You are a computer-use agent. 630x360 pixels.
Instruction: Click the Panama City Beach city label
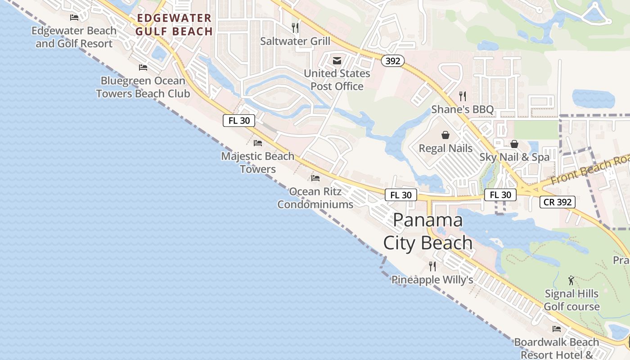(427, 231)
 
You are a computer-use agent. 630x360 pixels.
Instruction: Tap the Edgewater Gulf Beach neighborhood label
(174, 25)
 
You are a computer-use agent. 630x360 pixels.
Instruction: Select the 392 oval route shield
(393, 61)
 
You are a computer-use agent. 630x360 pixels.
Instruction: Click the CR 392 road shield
(558, 202)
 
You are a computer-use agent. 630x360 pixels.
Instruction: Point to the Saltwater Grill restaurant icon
(295, 28)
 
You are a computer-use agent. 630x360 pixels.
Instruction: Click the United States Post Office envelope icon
(337, 61)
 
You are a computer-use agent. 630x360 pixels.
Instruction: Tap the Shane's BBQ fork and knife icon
(462, 96)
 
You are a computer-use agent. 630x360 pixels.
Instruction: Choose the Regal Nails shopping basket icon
(445, 135)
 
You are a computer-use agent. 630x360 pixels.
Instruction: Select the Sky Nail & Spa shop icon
(514, 144)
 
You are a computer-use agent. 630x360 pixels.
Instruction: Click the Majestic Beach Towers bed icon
(258, 143)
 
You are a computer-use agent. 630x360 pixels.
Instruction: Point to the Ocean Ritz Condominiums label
(315, 198)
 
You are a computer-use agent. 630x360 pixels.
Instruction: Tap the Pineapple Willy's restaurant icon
(432, 266)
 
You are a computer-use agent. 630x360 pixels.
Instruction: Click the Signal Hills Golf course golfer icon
(571, 280)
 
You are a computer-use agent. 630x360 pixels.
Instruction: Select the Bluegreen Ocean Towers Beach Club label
(143, 87)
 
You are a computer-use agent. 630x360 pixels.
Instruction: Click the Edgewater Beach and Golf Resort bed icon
(74, 18)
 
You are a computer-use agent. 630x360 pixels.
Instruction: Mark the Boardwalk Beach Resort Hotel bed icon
(557, 329)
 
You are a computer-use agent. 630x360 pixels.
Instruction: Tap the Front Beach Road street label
(589, 169)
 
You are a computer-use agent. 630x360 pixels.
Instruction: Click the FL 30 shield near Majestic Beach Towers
(239, 121)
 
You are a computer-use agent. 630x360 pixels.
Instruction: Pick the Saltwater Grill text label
(295, 41)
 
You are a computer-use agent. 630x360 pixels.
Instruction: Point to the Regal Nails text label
(445, 148)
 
